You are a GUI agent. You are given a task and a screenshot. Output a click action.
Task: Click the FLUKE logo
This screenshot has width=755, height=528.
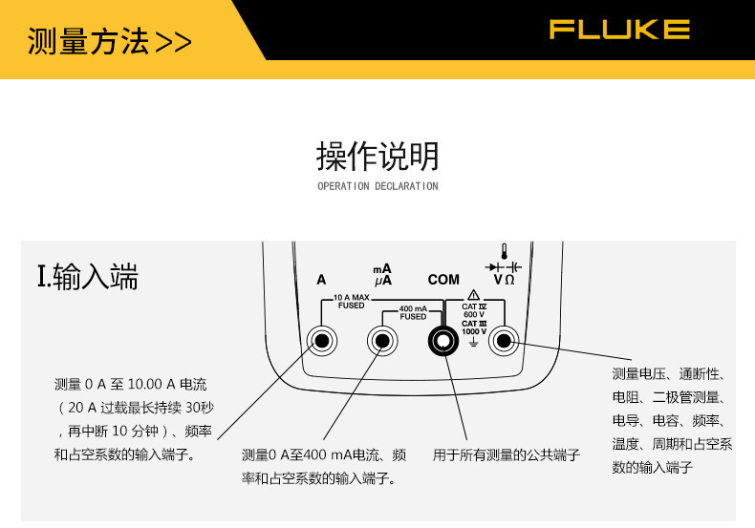pyautogui.click(x=618, y=30)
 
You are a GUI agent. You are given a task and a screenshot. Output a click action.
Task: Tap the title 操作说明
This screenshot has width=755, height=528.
pyautogui.click(x=377, y=155)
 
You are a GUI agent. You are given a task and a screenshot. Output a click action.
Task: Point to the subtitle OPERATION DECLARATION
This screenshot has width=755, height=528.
pyautogui.click(x=377, y=186)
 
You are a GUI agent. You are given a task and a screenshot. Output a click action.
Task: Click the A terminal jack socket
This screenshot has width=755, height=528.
pyautogui.click(x=322, y=340)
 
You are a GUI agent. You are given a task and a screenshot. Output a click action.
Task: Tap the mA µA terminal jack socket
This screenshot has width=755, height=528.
pyautogui.click(x=382, y=340)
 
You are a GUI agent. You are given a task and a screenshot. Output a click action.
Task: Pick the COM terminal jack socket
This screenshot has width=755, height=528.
pyautogui.click(x=442, y=340)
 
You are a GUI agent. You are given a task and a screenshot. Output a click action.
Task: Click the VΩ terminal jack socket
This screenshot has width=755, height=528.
pyautogui.click(x=503, y=340)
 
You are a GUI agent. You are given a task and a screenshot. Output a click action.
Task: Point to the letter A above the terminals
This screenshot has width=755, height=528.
pyautogui.click(x=321, y=280)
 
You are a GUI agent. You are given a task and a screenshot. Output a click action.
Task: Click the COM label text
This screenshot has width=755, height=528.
pyautogui.click(x=443, y=280)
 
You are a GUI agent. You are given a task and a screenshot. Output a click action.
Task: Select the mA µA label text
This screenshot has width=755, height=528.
pyautogui.click(x=382, y=275)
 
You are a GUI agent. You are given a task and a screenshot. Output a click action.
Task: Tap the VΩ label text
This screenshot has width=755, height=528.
pyautogui.click(x=504, y=280)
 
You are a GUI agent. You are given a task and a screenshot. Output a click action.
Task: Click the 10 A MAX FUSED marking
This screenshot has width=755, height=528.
pyautogui.click(x=351, y=302)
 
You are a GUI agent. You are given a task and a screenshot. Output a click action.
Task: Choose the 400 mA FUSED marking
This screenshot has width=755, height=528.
pyautogui.click(x=413, y=312)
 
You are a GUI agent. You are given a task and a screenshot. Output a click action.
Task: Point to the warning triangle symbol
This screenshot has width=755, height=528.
pyautogui.click(x=474, y=294)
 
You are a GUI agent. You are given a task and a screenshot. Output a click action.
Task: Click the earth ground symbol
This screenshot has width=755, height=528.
pyautogui.click(x=474, y=340)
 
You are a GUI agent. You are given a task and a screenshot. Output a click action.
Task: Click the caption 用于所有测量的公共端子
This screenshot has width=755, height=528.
pyautogui.click(x=507, y=455)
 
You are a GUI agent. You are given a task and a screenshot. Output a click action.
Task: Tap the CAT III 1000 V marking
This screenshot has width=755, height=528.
pyautogui.click(x=474, y=327)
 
